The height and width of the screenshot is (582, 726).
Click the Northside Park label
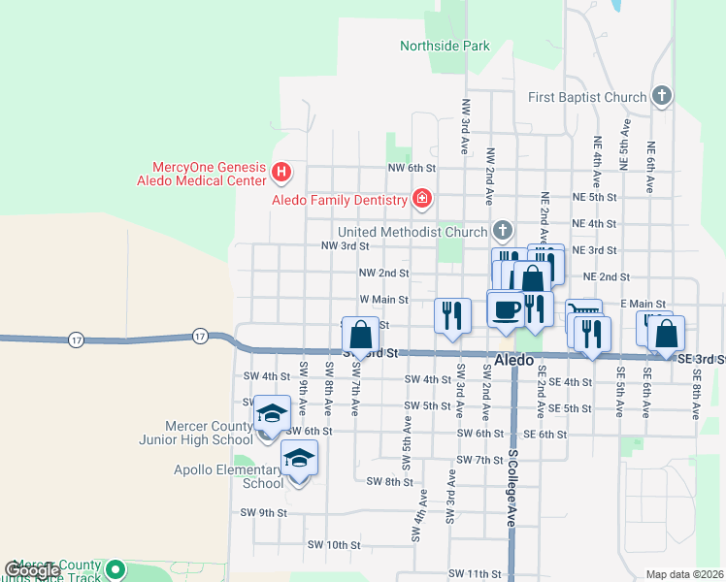click(x=445, y=46)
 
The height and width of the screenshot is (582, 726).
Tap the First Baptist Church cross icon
click(x=662, y=96)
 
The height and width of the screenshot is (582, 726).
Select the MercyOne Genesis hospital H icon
click(x=281, y=174)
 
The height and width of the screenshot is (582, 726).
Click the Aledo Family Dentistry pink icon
click(x=421, y=201)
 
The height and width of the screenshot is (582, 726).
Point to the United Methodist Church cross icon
click(x=502, y=231)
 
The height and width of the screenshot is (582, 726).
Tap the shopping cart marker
click(x=582, y=312)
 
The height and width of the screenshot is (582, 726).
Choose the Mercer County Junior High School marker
click(x=273, y=414)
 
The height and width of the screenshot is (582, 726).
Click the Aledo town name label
click(x=513, y=360)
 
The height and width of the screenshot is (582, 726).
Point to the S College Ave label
click(x=511, y=490)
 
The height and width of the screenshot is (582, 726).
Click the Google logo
click(x=31, y=570)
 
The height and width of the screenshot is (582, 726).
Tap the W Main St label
click(x=384, y=301)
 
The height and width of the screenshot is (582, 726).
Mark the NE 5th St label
click(x=595, y=197)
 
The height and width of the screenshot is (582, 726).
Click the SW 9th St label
click(x=264, y=512)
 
